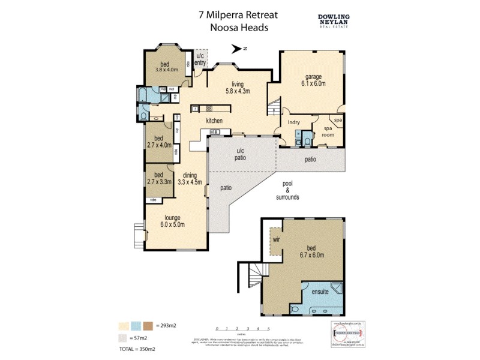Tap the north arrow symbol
pyautogui.click(x=242, y=49)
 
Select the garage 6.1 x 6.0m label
pyautogui.click(x=314, y=80)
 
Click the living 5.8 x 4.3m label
pyautogui.click(x=237, y=88)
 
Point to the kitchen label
pyautogui.click(x=214, y=121)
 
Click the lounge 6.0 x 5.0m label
pyautogui.click(x=172, y=221)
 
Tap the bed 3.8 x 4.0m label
pyautogui.click(x=163, y=67)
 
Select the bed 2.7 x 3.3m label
pyautogui.click(x=159, y=178)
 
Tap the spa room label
pyautogui.click(x=328, y=132)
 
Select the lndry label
pyautogui.click(x=293, y=122)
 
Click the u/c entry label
pyautogui.click(x=200, y=59)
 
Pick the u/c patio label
pyautogui.click(x=241, y=154)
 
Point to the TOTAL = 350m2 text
pyautogui.click(x=137, y=348)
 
